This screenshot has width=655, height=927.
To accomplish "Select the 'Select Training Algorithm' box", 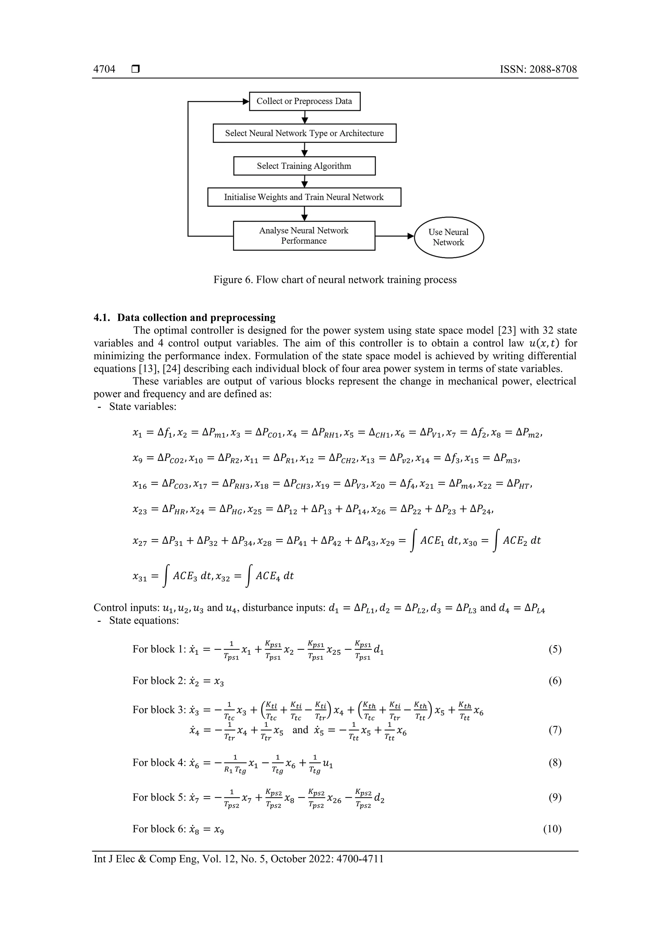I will tap(304, 166).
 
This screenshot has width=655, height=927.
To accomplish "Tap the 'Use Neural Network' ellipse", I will tap(448, 237).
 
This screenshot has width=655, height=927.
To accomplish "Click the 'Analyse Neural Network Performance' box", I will tap(304, 236).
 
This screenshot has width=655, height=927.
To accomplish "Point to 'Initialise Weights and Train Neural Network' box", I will tap(304, 197).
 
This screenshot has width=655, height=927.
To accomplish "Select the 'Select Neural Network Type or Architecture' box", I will tap(304, 133).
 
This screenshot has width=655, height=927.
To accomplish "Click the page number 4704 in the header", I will tap(104, 69).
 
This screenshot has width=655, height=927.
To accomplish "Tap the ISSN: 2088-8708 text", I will tap(538, 69).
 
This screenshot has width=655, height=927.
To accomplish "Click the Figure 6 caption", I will tap(335, 280).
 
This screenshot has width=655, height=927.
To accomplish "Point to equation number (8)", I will tap(555, 763).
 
